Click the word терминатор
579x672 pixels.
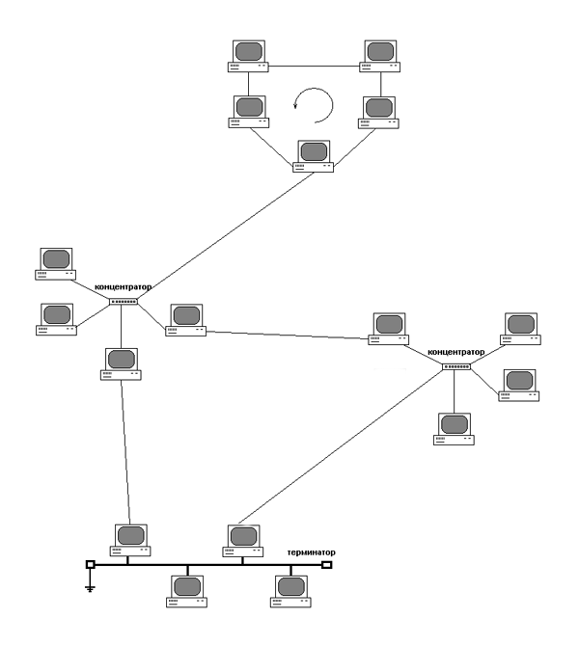(x=311, y=552)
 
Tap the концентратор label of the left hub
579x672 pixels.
(x=124, y=287)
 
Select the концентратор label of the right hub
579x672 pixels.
(x=455, y=352)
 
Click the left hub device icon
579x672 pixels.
(x=124, y=302)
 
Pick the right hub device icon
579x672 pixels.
(x=456, y=367)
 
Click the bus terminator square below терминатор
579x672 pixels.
(x=327, y=565)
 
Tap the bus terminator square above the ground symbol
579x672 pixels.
(x=90, y=564)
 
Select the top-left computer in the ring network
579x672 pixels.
(x=248, y=56)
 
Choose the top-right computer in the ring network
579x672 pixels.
(x=380, y=56)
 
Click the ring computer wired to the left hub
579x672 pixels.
(x=314, y=156)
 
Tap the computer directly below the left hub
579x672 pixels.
(x=121, y=363)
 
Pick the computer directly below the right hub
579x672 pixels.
(x=454, y=429)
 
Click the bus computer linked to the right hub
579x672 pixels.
(x=243, y=541)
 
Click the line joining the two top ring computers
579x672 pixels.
(x=314, y=67)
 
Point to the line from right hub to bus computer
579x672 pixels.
(x=341, y=446)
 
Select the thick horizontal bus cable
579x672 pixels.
(x=208, y=565)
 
